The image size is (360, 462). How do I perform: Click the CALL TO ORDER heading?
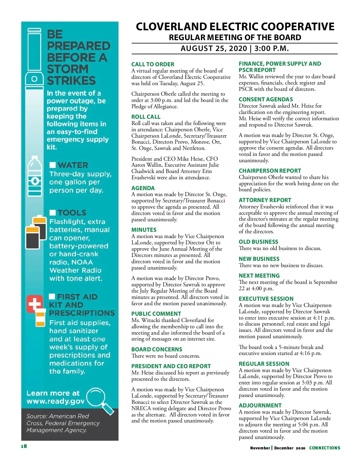153,64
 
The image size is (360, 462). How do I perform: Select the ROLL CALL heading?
146,117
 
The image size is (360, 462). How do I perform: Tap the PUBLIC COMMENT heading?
156,314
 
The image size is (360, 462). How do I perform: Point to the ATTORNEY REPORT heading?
265,200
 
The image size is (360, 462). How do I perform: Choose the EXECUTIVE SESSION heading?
266,299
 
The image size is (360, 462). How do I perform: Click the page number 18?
24,446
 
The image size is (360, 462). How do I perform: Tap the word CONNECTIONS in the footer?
325,448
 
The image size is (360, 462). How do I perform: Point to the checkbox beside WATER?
53,165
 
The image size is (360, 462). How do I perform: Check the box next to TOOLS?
53,213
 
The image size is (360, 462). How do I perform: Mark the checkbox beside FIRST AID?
52,297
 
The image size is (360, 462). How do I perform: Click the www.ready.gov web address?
55,401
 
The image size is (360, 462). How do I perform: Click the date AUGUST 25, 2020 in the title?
214,49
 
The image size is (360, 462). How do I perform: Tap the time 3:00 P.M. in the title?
271,49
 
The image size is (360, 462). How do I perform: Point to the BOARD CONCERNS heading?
157,349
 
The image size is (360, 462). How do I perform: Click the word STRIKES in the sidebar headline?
71,81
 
